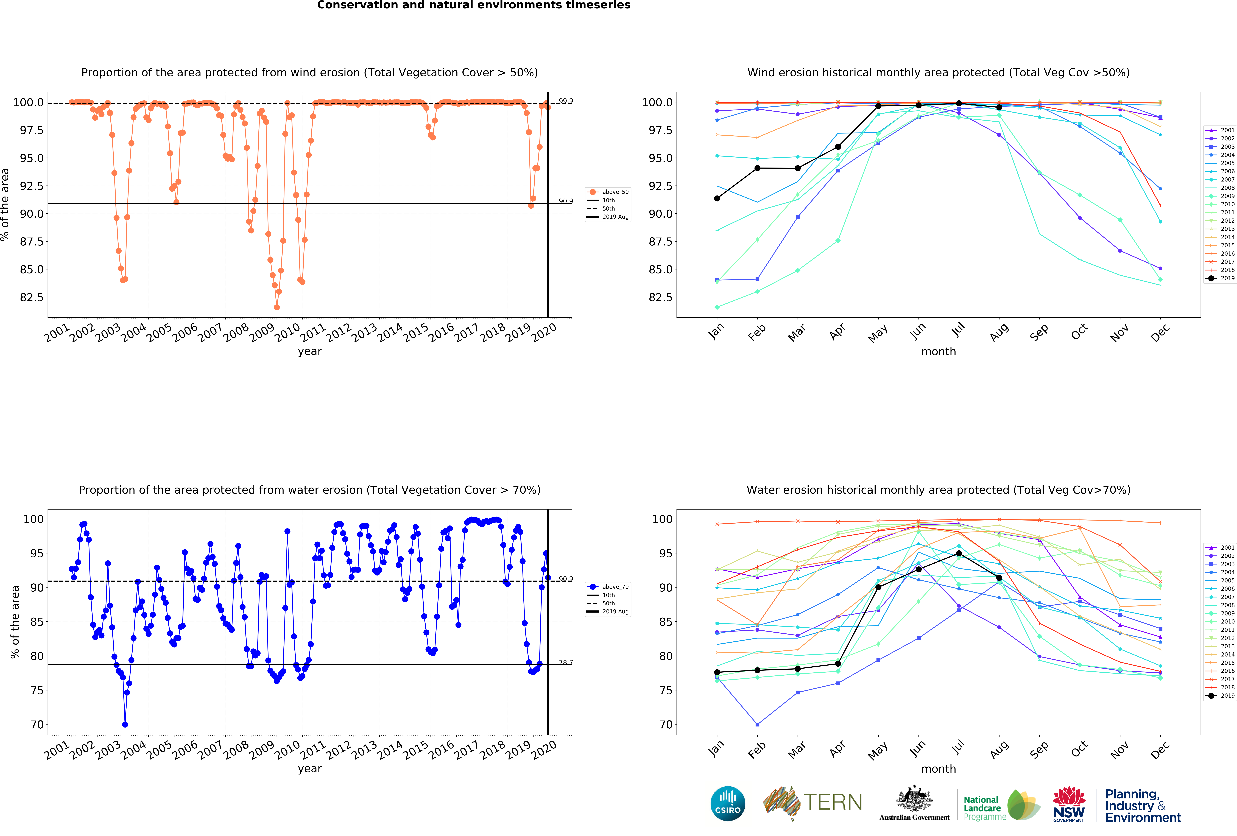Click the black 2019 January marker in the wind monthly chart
pyautogui.click(x=717, y=198)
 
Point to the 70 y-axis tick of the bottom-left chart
pyautogui.click(x=37, y=725)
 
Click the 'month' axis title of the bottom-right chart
pyautogui.click(x=938, y=769)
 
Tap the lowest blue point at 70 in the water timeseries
pyautogui.click(x=125, y=725)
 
